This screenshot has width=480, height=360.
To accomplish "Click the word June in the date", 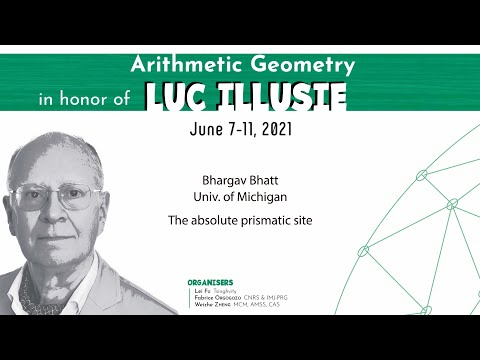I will tap(208, 130).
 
